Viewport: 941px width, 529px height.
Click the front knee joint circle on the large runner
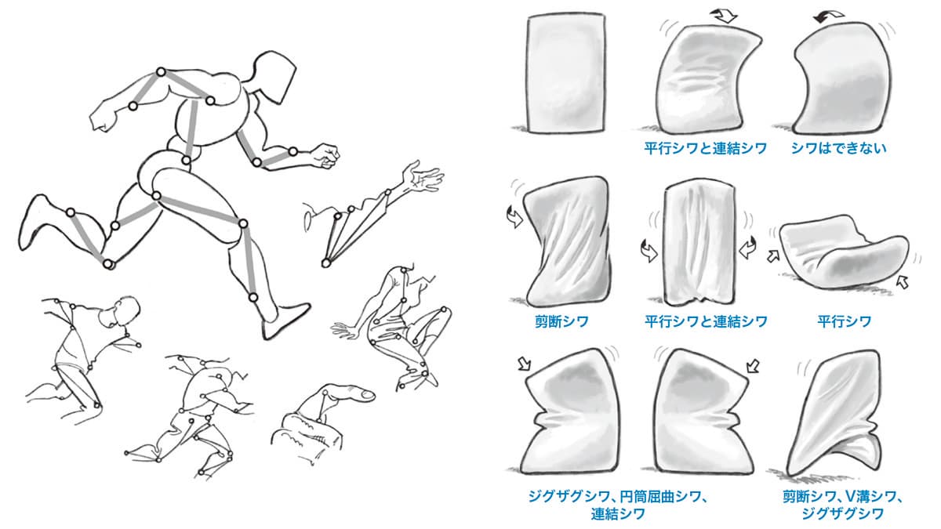point(243,224)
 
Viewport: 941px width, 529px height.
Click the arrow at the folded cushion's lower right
point(903,281)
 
